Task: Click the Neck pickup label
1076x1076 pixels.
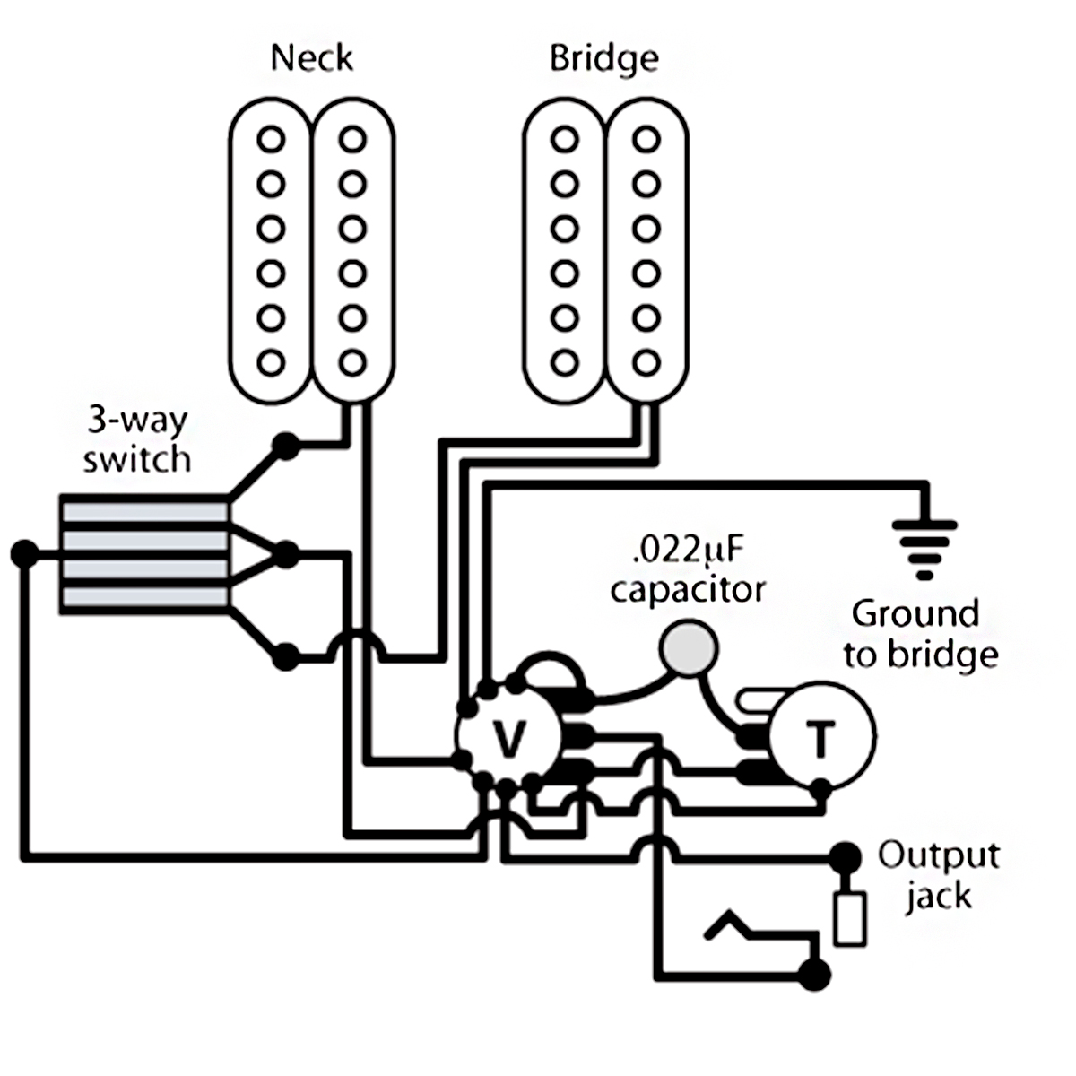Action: tap(311, 58)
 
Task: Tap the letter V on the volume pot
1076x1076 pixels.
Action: tap(509, 739)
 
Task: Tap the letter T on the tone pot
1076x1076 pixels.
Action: tap(820, 739)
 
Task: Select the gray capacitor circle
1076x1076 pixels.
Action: tap(688, 648)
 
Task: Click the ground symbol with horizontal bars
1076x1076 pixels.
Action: tap(924, 550)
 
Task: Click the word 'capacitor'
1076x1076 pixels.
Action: tap(688, 591)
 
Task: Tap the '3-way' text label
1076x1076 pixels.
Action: tap(137, 421)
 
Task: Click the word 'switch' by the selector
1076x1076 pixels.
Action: tap(137, 459)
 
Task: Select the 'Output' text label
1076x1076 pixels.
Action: tap(939, 855)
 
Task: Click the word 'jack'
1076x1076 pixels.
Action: tap(939, 897)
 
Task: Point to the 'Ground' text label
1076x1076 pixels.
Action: tap(915, 613)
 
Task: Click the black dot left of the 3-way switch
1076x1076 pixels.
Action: tap(24, 554)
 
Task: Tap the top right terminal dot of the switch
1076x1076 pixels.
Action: tap(286, 447)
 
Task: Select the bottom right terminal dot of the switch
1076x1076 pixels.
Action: tap(286, 656)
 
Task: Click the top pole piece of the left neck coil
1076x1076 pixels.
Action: tap(271, 139)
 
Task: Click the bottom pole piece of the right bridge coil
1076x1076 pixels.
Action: tap(646, 362)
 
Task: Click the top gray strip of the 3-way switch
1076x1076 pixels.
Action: tap(145, 513)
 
